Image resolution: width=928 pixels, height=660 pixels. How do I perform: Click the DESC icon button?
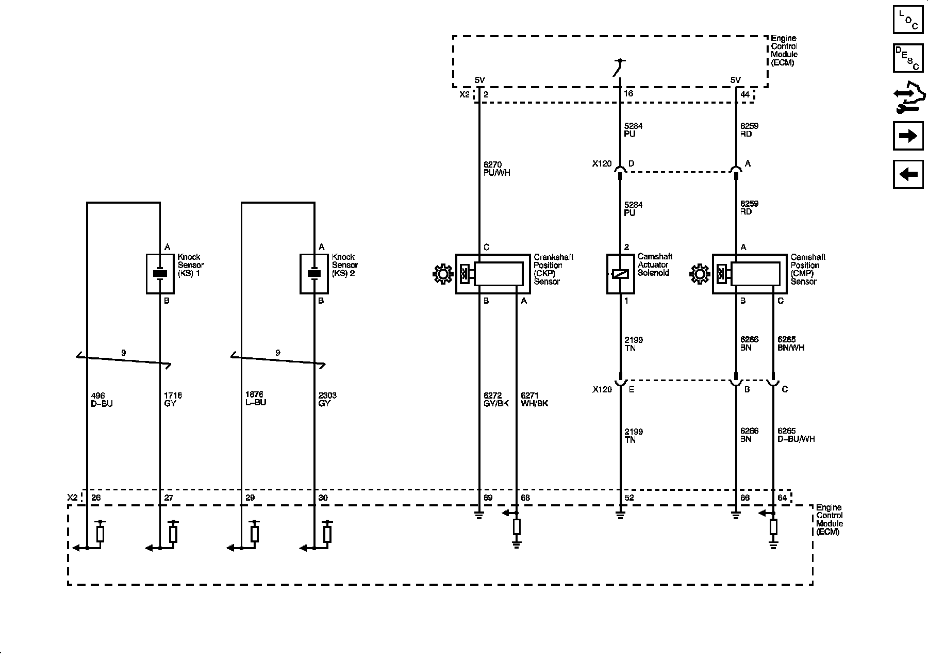point(908,58)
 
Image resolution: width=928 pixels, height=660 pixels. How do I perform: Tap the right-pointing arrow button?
point(908,136)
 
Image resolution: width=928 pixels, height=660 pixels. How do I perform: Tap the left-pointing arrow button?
point(908,174)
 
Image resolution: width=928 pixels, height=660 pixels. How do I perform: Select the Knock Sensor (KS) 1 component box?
point(160,274)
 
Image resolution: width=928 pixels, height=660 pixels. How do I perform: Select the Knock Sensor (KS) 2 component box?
point(314,274)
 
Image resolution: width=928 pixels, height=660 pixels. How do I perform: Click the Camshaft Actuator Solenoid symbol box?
point(620,274)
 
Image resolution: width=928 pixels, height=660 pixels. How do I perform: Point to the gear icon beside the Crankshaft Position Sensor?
point(442,274)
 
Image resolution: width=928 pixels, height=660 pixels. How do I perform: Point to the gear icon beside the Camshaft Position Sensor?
point(699,274)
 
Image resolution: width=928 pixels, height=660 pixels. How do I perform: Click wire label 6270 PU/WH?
point(496,169)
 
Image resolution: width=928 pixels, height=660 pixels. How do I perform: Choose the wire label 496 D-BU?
point(101,400)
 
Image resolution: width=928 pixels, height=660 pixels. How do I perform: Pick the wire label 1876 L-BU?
point(256,399)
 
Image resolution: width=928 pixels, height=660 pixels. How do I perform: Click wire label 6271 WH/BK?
point(534,400)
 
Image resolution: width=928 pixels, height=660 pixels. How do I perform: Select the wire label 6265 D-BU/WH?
point(796,435)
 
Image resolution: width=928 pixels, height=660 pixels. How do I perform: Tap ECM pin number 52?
point(629,498)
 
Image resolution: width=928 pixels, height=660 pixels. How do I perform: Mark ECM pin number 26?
point(96,498)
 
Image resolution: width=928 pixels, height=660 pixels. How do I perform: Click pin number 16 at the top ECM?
point(628,94)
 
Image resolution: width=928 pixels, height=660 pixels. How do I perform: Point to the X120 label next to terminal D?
point(602,164)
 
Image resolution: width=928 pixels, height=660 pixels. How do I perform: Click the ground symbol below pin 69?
point(479,515)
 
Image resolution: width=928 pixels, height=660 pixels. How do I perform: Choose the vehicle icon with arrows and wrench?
point(908,97)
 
